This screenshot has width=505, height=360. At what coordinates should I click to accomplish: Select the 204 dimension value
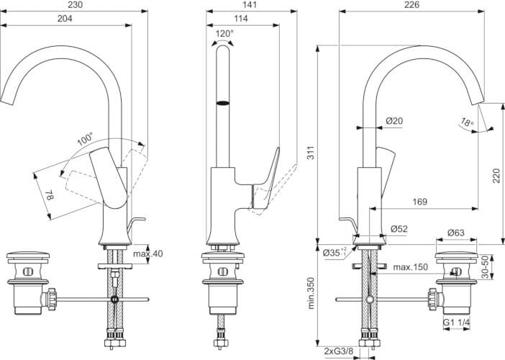[65, 19]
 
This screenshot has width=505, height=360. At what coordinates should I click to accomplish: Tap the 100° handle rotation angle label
[85, 137]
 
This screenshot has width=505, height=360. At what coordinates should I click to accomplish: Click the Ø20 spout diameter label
[393, 121]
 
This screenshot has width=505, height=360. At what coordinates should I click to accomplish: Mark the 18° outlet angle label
[468, 123]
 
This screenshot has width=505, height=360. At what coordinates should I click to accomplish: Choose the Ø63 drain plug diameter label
[456, 233]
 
